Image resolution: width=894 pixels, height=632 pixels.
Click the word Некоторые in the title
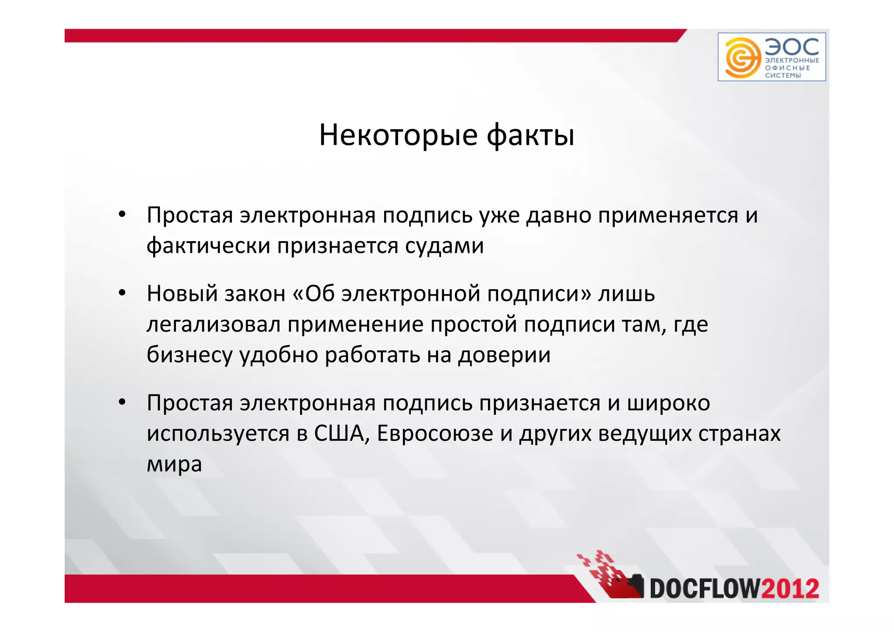click(x=398, y=135)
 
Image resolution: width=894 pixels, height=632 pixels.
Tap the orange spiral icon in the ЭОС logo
click(x=740, y=57)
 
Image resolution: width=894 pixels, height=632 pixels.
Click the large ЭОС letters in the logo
click(x=791, y=46)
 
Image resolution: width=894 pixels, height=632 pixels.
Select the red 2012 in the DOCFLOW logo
click(x=790, y=588)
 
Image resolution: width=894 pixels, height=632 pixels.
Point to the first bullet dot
click(x=122, y=214)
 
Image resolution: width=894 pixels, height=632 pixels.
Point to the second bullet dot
click(x=122, y=293)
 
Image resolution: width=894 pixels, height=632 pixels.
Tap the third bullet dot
click(x=122, y=402)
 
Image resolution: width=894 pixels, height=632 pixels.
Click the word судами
click(x=444, y=245)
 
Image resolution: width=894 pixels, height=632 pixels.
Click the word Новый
click(x=182, y=293)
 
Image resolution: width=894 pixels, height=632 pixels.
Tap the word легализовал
click(x=213, y=324)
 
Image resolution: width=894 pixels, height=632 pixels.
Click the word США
click(x=339, y=433)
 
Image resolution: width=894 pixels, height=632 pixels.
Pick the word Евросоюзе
click(x=435, y=433)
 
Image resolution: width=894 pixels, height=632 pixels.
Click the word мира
click(x=174, y=464)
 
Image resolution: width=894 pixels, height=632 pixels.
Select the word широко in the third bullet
click(x=668, y=403)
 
